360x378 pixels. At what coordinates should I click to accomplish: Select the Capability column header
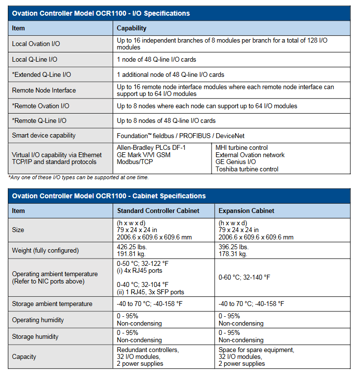(x=131, y=28)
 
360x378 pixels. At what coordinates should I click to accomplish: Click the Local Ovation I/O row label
(x=36, y=44)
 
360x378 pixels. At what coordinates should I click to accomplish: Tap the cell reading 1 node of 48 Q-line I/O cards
(x=156, y=60)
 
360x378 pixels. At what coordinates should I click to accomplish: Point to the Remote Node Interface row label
(x=44, y=90)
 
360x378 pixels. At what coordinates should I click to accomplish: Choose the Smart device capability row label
(x=44, y=135)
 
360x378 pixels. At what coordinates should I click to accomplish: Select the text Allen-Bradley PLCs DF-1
(x=151, y=147)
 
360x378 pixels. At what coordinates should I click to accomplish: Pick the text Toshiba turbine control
(x=247, y=169)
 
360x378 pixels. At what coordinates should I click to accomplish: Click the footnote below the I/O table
(x=78, y=177)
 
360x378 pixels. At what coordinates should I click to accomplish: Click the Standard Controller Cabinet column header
(x=158, y=211)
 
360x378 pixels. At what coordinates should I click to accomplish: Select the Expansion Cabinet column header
(x=246, y=211)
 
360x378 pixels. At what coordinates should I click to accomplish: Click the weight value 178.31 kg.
(x=233, y=254)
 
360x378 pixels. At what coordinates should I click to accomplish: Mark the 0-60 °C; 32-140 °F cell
(x=244, y=277)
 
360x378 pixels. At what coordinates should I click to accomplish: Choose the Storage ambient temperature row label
(x=52, y=304)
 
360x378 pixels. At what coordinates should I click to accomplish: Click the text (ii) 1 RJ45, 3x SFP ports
(x=150, y=292)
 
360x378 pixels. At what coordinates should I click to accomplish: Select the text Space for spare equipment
(x=256, y=350)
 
